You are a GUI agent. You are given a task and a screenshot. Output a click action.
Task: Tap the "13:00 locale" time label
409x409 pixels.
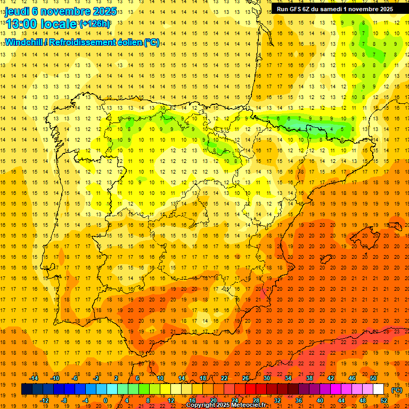point(41,23)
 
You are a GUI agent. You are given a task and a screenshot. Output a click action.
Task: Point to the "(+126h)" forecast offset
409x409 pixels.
point(95,24)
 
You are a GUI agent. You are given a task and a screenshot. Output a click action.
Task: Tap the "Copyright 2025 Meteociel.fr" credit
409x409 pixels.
point(226,405)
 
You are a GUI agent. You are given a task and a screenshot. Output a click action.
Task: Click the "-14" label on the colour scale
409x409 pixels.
point(34,378)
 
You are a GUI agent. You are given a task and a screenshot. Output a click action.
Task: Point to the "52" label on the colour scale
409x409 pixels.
point(384,400)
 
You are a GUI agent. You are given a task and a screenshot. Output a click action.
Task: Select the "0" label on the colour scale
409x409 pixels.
point(105,400)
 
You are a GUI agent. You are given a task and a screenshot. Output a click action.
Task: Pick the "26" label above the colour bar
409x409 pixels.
point(246,378)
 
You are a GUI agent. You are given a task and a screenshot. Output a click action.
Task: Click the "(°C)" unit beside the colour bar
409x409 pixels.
point(396,390)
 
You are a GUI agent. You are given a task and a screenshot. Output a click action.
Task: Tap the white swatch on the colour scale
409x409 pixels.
point(378,390)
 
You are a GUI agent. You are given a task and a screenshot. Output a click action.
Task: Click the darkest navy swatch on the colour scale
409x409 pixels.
point(27,390)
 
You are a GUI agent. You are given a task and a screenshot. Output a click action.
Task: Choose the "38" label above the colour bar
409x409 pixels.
point(309,378)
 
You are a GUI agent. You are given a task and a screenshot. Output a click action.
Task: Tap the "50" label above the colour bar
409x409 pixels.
point(373,378)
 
